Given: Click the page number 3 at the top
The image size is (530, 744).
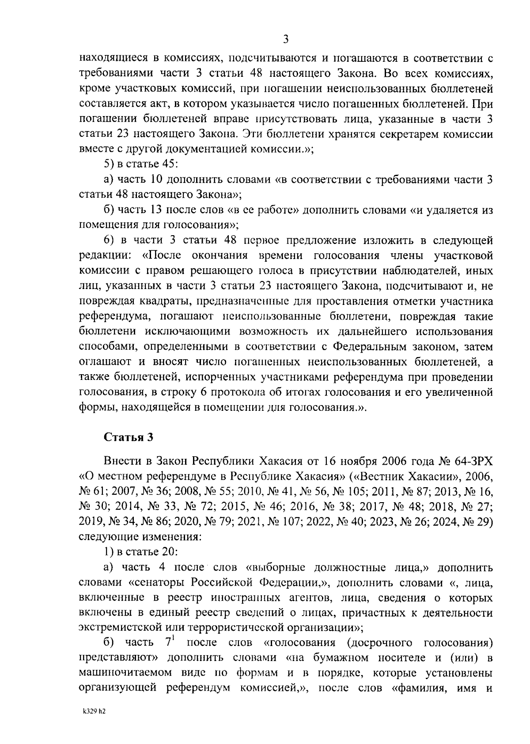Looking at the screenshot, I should [286, 40].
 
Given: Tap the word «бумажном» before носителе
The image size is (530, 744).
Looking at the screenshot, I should [346, 658].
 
